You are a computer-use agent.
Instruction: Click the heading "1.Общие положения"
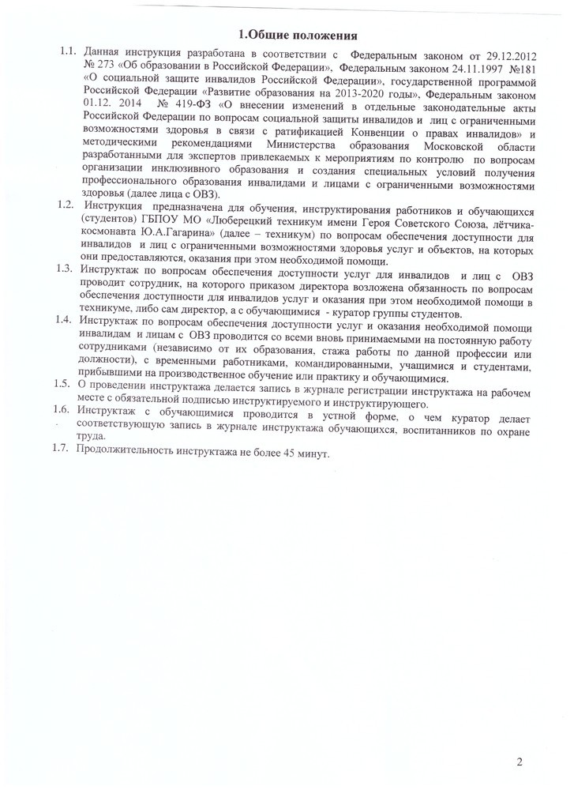coord(298,35)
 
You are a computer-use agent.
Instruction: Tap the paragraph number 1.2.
coord(64,205)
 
